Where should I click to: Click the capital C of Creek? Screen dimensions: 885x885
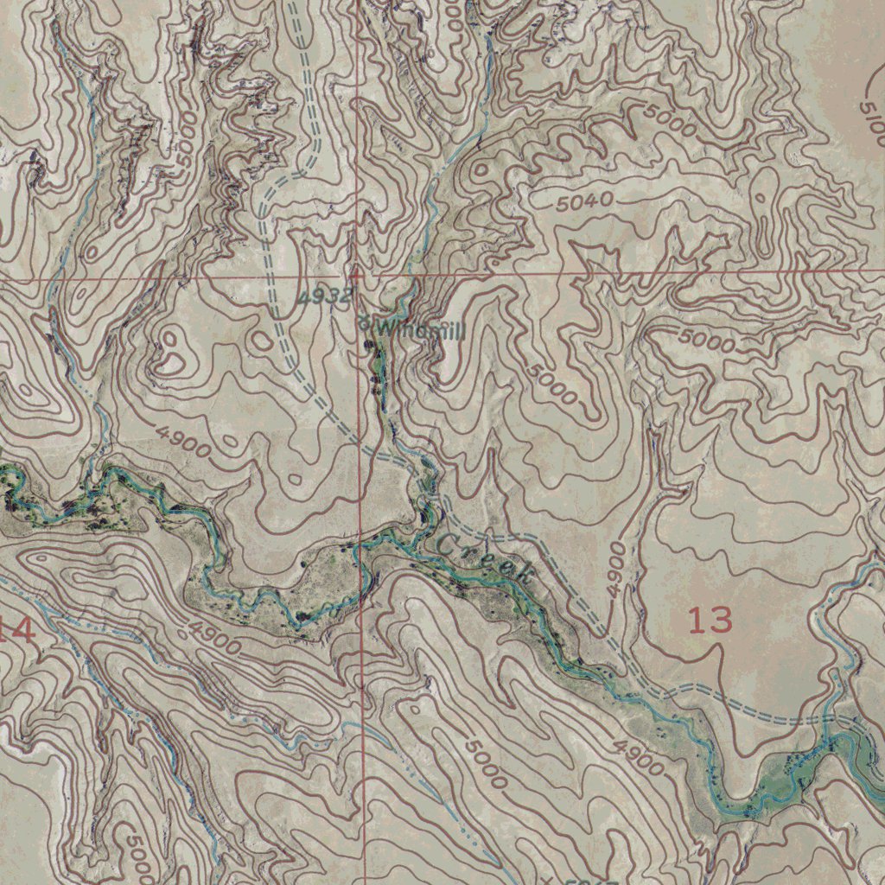coord(449,544)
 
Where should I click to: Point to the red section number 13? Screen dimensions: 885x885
coord(710,620)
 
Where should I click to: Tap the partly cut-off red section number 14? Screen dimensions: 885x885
coord(17,629)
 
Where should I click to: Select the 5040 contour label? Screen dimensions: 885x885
coord(584,202)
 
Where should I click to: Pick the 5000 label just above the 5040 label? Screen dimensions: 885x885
coord(669,120)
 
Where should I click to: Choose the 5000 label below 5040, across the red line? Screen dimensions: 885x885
coord(706,340)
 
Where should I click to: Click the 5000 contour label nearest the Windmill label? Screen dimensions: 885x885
coord(551,385)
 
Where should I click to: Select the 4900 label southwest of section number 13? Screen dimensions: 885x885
coord(640,756)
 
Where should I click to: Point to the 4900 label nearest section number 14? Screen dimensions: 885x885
coord(213,638)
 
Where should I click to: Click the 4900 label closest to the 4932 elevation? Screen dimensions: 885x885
coord(184,442)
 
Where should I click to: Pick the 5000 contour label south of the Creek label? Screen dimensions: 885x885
coord(485,763)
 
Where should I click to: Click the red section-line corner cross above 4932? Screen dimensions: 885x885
coord(356,272)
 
